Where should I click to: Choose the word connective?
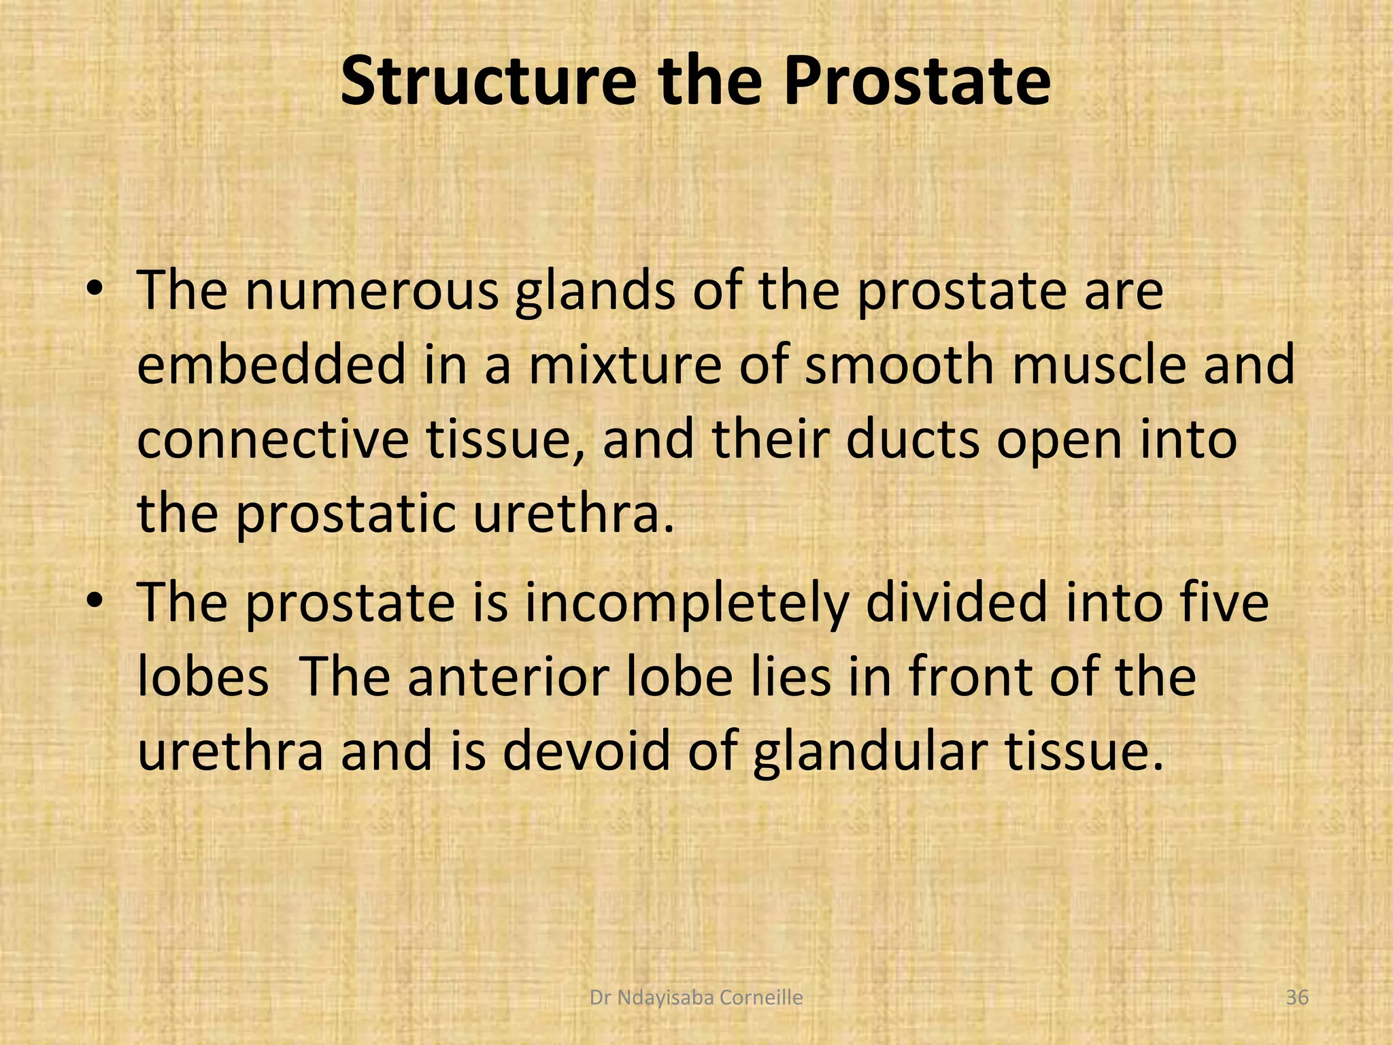pos(272,440)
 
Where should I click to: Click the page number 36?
pos(1297,998)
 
